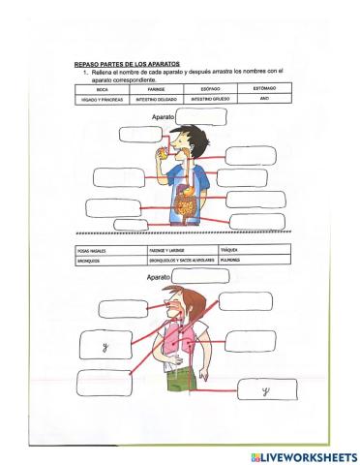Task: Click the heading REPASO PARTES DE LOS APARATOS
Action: click(x=126, y=64)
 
